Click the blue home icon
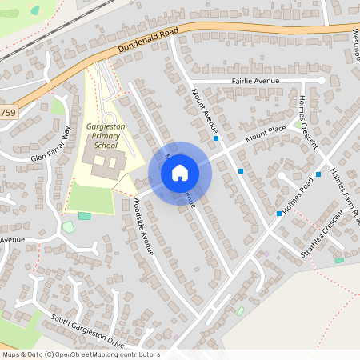(180, 173)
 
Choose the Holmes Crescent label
(307, 121)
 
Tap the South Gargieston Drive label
(87, 330)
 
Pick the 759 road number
(6, 113)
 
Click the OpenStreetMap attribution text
(81, 354)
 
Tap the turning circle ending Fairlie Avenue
(322, 80)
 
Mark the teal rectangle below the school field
(84, 216)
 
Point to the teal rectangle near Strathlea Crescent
(339, 260)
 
